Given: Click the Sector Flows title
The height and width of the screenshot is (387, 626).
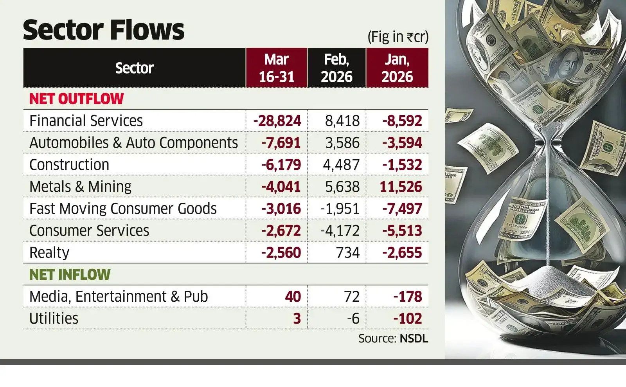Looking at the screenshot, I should [x=104, y=30].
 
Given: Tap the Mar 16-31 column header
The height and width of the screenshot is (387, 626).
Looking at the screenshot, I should [x=277, y=68].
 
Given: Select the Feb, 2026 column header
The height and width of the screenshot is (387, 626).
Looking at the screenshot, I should [x=336, y=68].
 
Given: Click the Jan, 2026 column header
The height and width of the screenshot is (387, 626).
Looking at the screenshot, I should [x=397, y=68].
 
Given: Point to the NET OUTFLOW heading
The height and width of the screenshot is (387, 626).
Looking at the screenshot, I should [x=76, y=99].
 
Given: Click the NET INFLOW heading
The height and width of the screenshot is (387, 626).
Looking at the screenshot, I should [x=70, y=274].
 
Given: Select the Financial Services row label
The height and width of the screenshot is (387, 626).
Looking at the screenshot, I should [x=86, y=121].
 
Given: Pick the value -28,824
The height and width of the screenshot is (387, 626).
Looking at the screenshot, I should [x=277, y=121].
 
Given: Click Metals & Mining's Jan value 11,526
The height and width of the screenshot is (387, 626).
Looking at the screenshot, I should [x=401, y=187].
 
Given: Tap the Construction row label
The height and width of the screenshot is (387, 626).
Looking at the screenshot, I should [x=69, y=165].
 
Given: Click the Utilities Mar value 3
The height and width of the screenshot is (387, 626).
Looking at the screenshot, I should [x=297, y=318].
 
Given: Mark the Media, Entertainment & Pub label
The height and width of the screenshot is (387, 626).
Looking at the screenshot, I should [x=119, y=296].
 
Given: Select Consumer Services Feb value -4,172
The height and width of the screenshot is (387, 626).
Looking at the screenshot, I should [x=340, y=230].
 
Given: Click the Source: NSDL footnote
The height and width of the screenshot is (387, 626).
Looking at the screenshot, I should [x=393, y=338].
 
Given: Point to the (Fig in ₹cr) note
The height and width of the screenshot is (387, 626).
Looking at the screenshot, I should [x=398, y=37].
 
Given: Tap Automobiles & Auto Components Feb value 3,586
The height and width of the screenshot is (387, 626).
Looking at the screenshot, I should [x=342, y=143].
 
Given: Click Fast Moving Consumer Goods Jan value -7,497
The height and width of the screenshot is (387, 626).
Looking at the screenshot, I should [x=402, y=209].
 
